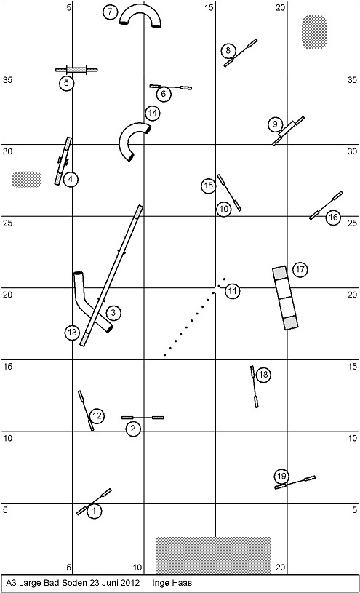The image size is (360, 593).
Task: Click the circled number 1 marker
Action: pos(95,512)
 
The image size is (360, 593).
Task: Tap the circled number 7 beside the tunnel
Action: pos(110,12)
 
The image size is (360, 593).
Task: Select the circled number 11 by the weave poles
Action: pos(232,291)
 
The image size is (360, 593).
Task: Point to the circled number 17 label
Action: pos(300,270)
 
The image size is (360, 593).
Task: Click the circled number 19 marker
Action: pos(281,476)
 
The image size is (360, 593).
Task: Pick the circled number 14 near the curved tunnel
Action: pos(153,113)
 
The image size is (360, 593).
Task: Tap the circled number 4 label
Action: pos(71,179)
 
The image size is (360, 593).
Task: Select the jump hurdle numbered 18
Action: pos(254,386)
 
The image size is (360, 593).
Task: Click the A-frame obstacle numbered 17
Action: pos(285,298)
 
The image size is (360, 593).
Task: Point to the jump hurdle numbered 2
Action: pos(143,418)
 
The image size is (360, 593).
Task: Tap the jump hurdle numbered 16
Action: pos(326,205)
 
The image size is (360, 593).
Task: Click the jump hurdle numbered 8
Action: pos(240,53)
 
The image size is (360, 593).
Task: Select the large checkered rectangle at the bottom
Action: pos(213,555)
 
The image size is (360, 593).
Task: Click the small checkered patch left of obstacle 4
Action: pos(26,179)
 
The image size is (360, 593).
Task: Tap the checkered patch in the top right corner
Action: pos(314,32)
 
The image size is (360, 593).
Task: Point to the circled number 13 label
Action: pos(72,333)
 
